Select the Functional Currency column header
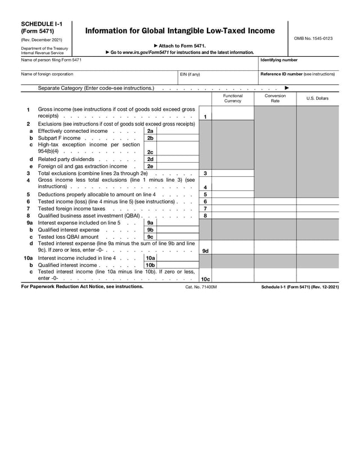tap(232, 98)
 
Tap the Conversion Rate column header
tap(275, 98)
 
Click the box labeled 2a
tap(150, 131)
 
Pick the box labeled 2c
tap(150, 152)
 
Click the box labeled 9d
tap(206, 251)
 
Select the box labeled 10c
tap(206, 279)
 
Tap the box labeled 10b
tap(150, 265)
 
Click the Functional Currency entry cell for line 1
tap(232, 114)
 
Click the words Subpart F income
tap(59, 138)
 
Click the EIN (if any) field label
tap(190, 74)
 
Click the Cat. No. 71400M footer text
tap(201, 287)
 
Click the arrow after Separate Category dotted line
tap(287, 88)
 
